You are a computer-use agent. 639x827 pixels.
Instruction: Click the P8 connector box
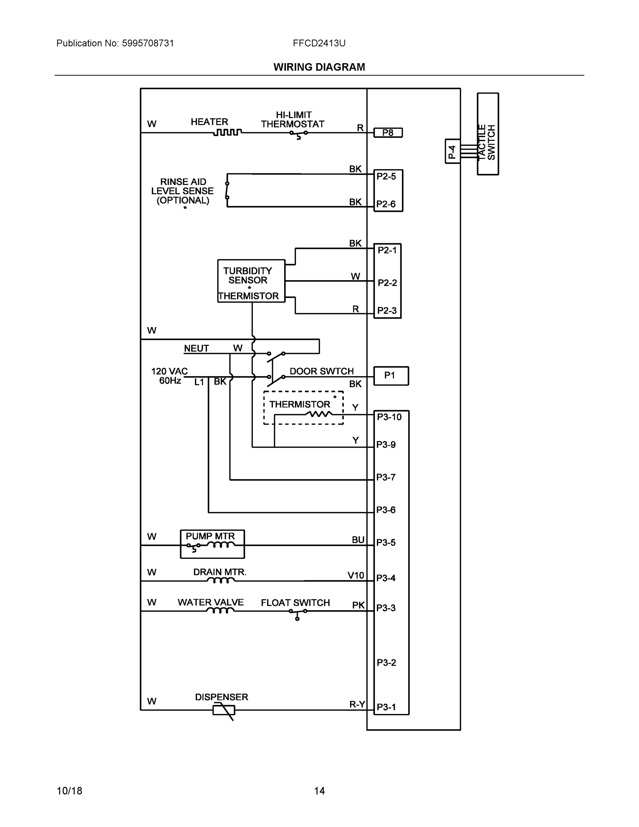[388, 133]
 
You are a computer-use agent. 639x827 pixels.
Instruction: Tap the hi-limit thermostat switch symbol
[298, 134]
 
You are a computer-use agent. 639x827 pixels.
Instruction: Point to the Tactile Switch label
[487, 142]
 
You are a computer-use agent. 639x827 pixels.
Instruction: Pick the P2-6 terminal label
[386, 204]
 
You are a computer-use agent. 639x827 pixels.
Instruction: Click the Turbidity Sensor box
[251, 281]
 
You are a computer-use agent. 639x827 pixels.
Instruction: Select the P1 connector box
[391, 376]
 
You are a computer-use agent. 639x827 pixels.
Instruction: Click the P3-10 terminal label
[389, 417]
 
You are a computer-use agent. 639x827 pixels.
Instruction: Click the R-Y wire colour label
[357, 704]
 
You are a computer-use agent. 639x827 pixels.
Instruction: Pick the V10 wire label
[355, 575]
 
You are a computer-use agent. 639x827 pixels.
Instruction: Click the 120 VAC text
[169, 371]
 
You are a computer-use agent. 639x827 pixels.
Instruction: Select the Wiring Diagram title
[319, 67]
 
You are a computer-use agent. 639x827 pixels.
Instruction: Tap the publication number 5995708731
[148, 43]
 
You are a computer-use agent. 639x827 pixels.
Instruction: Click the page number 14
[319, 791]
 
